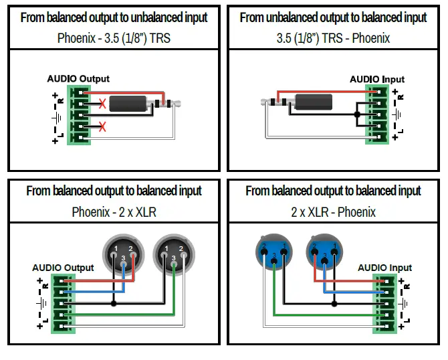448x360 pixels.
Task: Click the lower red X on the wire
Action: tap(102, 126)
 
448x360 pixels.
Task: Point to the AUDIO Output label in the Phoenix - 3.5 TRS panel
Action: tap(78, 79)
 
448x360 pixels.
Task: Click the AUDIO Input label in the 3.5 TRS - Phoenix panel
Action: tap(377, 80)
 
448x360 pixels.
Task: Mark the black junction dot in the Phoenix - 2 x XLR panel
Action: tap(114, 304)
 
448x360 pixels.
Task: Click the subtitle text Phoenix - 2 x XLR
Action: tap(114, 213)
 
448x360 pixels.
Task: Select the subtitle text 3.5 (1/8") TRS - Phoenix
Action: tap(333, 38)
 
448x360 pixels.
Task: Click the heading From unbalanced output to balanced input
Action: tap(333, 17)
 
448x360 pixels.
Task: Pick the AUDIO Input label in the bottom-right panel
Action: tap(384, 268)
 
